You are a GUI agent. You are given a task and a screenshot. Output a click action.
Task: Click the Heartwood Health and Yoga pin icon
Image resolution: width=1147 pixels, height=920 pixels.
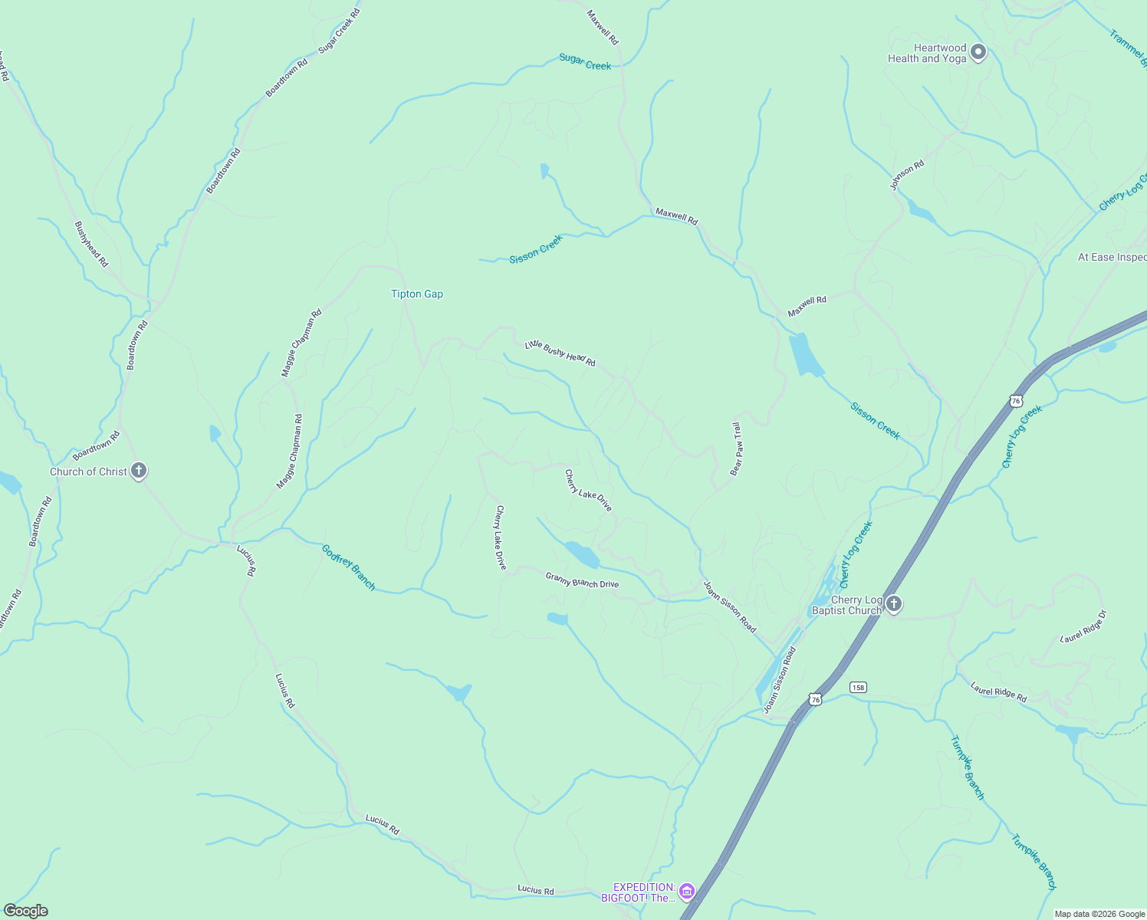tap(978, 53)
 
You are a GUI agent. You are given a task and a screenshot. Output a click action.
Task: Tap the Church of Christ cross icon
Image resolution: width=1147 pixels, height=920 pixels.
tap(139, 471)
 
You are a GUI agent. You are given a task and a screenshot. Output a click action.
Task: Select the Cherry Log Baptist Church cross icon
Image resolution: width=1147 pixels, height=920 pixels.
tap(893, 605)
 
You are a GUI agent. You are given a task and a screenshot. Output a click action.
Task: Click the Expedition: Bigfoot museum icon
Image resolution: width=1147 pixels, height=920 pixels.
tap(686, 891)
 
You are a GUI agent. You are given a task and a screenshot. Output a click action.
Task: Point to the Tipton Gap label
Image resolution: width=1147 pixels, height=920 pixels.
tap(417, 294)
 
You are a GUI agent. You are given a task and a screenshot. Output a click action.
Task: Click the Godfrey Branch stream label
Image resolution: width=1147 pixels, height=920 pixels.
tap(349, 567)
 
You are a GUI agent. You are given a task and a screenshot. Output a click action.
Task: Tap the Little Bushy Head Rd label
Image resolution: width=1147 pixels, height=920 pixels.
tap(560, 353)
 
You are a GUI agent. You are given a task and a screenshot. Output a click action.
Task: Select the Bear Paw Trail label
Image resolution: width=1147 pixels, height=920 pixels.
tap(737, 449)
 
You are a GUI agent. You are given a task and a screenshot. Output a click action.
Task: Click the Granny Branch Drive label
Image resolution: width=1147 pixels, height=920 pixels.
tap(582, 580)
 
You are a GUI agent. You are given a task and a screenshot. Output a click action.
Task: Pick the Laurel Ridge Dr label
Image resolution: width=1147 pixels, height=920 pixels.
tap(1083, 627)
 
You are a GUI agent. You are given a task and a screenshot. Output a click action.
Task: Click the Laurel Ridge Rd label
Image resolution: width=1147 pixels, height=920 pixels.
tap(998, 692)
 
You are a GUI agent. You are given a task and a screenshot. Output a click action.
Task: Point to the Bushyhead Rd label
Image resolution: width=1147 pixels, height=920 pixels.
tap(91, 244)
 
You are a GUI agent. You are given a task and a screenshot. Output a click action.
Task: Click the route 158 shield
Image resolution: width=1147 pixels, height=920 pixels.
tap(858, 687)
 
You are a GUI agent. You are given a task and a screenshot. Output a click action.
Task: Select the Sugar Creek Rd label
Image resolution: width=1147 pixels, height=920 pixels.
tap(339, 31)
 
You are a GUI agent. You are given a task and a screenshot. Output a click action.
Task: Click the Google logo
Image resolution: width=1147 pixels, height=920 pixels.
tap(25, 911)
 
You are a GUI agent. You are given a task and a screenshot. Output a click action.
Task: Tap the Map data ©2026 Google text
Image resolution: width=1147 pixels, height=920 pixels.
tap(1099, 914)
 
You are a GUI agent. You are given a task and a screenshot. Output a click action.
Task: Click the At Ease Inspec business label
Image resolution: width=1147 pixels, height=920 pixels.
tap(1112, 258)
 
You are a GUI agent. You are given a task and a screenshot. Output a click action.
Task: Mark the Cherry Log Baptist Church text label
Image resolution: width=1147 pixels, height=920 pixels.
tap(846, 606)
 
